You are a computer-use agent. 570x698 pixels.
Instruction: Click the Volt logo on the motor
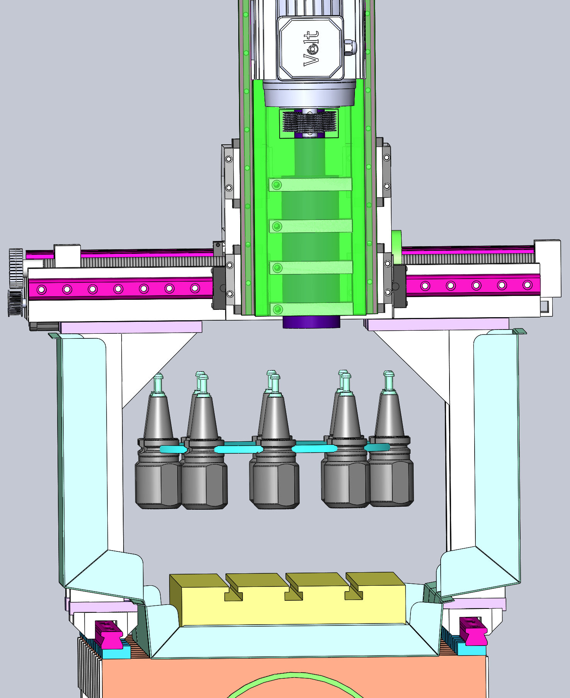311,48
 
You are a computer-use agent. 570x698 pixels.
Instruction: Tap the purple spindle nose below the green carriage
311,322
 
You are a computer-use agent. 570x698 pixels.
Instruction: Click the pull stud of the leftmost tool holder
158,384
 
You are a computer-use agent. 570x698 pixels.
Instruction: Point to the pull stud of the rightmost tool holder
389,382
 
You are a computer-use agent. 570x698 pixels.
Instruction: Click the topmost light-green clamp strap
310,184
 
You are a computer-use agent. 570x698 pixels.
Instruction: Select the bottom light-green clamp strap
311,309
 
